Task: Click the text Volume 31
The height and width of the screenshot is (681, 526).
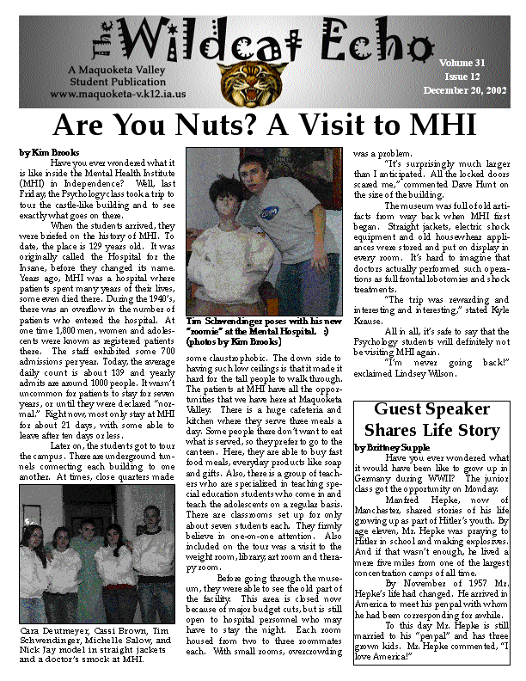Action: coord(462,64)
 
